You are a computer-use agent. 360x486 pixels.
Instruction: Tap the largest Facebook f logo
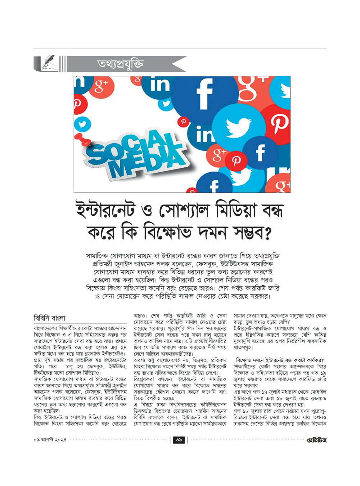click(x=204, y=93)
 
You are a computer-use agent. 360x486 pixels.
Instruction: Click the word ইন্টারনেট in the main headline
click(x=105, y=210)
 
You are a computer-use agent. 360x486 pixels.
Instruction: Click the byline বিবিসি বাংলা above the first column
click(x=50, y=318)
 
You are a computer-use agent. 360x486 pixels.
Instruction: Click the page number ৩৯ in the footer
click(x=179, y=440)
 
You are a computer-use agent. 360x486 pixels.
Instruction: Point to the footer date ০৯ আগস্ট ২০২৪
click(x=50, y=440)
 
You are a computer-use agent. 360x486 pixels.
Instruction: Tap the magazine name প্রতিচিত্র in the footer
click(x=316, y=440)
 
